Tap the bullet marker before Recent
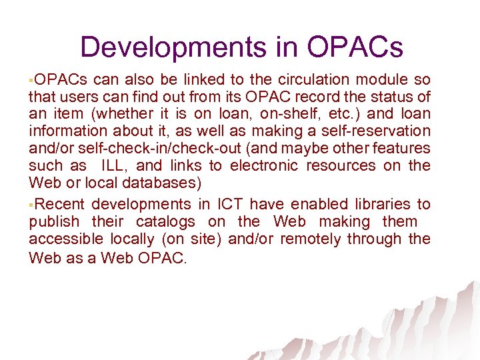pos(31,204)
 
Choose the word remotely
pos(313,239)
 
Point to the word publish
pos(53,221)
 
